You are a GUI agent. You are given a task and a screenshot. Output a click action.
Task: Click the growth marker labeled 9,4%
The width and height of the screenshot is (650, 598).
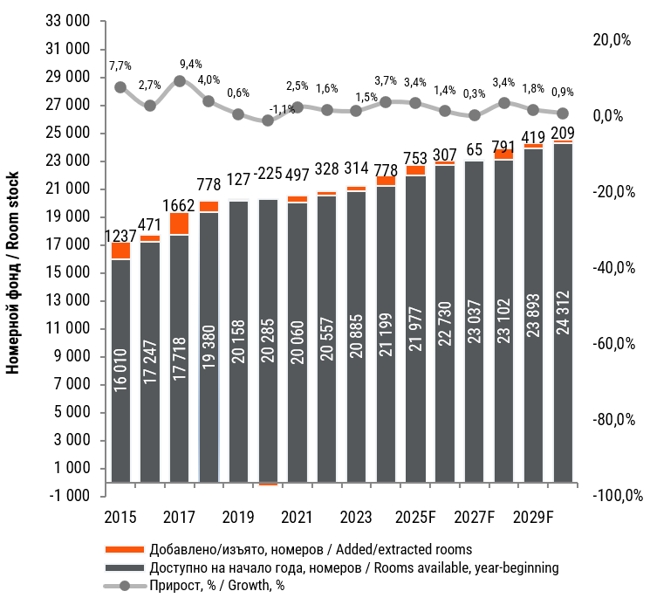click(180, 81)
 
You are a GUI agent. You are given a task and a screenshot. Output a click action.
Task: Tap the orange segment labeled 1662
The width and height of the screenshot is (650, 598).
click(180, 223)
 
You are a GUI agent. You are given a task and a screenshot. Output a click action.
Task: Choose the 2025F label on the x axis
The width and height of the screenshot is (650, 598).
click(415, 517)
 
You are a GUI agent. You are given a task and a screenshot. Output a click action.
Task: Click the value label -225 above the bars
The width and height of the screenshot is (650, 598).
click(269, 174)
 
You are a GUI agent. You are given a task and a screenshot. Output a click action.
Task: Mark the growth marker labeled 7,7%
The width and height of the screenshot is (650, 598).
click(120, 87)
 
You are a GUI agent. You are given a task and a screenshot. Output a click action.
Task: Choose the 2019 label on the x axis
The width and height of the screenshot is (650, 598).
click(237, 517)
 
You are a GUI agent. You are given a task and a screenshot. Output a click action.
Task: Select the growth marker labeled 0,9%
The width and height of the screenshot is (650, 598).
click(564, 113)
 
